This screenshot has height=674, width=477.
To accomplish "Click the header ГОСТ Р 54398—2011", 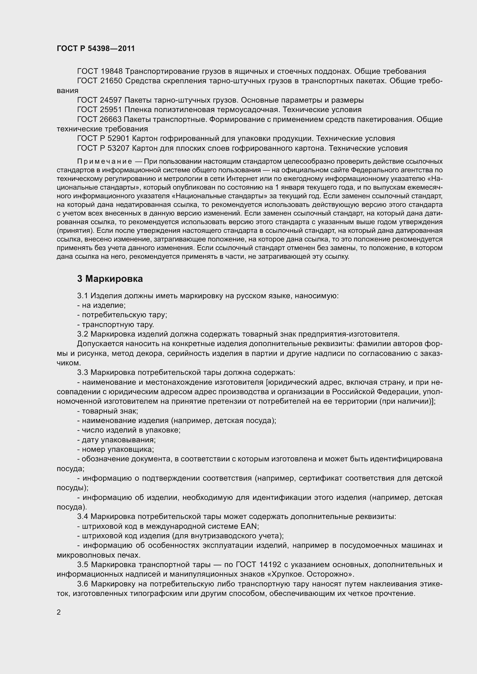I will (x=96, y=49).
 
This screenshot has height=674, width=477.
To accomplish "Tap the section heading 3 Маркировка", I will (x=110, y=279).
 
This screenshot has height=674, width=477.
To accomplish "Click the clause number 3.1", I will (x=83, y=296).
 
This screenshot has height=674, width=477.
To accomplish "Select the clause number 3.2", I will (x=83, y=334).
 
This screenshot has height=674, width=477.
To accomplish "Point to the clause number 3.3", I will (x=83, y=373).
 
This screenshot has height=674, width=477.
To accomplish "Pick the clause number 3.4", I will (x=83, y=517).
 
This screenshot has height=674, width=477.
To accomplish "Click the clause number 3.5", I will (x=83, y=565).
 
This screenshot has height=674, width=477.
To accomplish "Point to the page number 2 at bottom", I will (x=59, y=612).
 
